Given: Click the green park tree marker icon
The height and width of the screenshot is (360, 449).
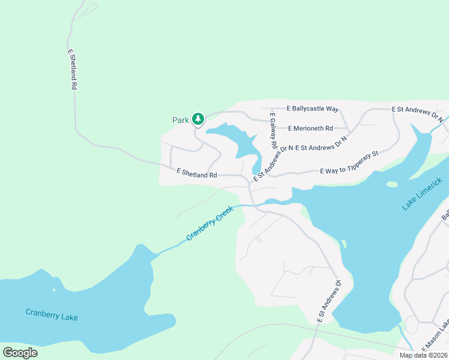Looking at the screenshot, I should pyautogui.click(x=198, y=119).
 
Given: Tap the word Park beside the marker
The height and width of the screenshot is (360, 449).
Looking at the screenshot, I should pyautogui.click(x=181, y=120).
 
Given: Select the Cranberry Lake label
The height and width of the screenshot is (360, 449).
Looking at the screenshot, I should pyautogui.click(x=52, y=314).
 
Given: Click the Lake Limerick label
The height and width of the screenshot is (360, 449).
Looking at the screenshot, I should pyautogui.click(x=426, y=194).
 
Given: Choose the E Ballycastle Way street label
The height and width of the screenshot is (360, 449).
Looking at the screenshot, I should pyautogui.click(x=313, y=109).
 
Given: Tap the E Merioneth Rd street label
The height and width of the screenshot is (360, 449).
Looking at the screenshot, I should pyautogui.click(x=310, y=128).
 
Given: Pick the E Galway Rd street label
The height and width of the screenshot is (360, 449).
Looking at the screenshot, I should pyautogui.click(x=273, y=131).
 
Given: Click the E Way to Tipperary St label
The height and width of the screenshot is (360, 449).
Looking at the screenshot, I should pyautogui.click(x=349, y=163).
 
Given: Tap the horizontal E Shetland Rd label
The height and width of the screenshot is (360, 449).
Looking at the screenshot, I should pyautogui.click(x=196, y=173).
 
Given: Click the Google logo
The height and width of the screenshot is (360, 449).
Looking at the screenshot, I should pyautogui.click(x=20, y=352).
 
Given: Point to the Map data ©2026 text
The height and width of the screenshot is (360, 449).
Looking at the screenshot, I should pyautogui.click(x=423, y=355).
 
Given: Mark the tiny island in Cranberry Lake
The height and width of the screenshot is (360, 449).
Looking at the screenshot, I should pyautogui.click(x=54, y=290).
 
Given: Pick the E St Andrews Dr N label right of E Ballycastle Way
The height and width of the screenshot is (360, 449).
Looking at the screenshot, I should pyautogui.click(x=417, y=113).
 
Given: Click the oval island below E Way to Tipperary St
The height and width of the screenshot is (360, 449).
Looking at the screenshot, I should pyautogui.click(x=392, y=184).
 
